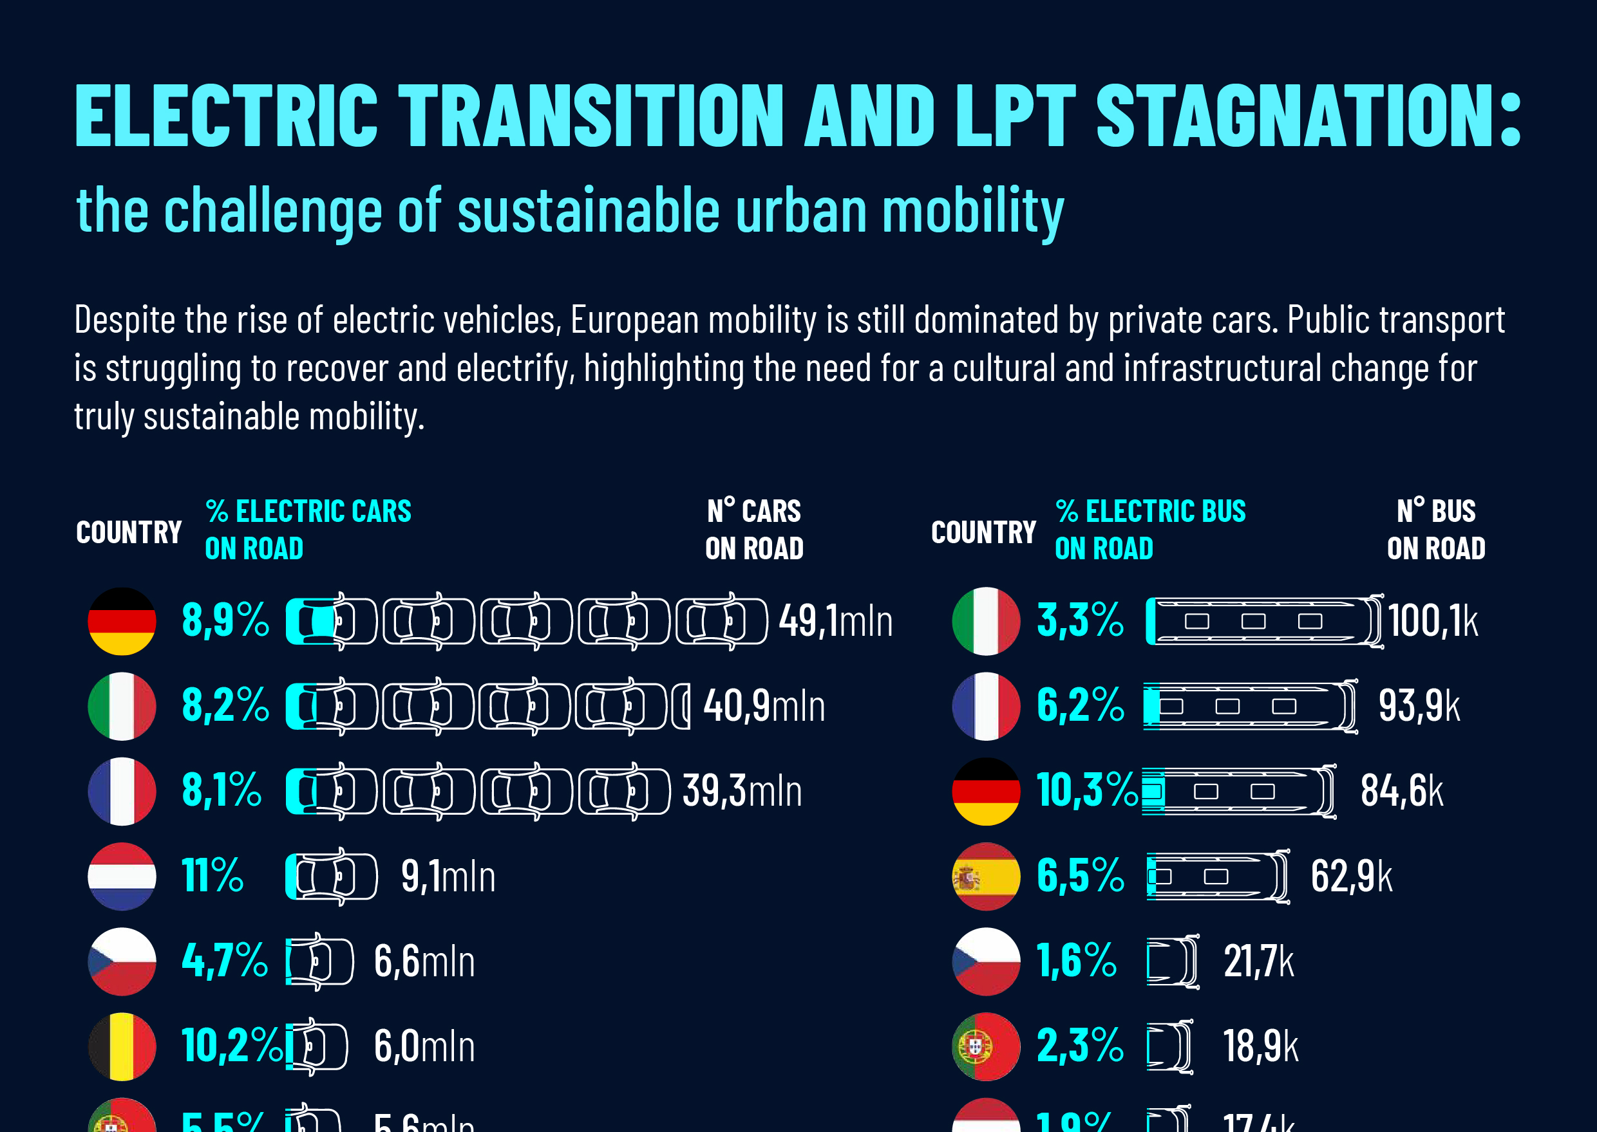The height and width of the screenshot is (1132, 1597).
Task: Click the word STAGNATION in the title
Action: [1308, 116]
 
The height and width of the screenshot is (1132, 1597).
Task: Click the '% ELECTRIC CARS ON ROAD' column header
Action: [308, 530]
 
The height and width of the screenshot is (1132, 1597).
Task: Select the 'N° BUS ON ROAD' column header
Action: [1436, 530]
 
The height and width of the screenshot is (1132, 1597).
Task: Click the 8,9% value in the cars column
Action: [225, 620]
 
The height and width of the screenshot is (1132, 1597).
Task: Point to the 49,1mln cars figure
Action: [835, 620]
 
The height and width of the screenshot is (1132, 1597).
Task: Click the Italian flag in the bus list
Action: [985, 621]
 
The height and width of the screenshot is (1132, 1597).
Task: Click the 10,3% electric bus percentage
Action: [1086, 790]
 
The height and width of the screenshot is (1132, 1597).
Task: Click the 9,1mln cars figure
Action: [448, 876]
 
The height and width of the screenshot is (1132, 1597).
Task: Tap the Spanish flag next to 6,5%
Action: [985, 876]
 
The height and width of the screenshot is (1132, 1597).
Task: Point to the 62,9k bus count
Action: [1351, 876]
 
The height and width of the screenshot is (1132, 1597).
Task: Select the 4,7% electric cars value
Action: [225, 961]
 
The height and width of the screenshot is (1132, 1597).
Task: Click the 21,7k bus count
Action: [1258, 961]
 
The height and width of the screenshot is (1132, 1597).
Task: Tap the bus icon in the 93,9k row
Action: [1250, 706]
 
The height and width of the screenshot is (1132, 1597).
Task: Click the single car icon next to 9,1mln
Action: [332, 876]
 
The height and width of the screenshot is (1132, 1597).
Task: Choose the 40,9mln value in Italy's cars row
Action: [764, 705]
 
